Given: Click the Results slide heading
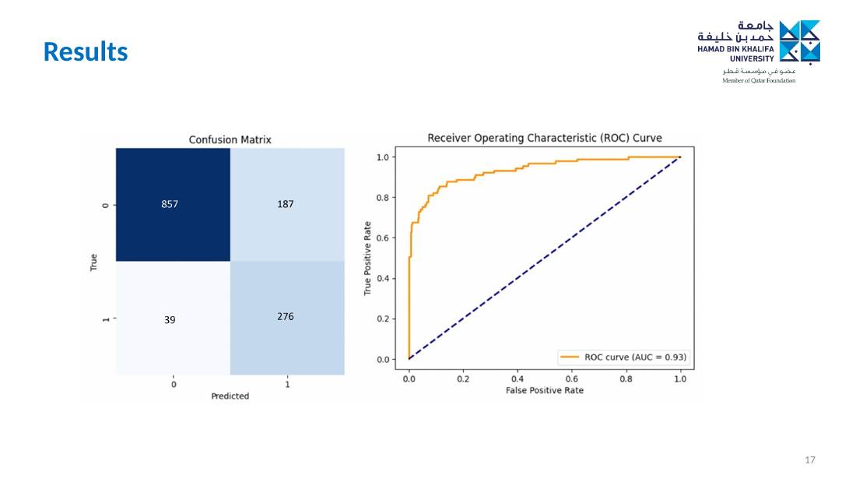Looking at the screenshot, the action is [x=86, y=52].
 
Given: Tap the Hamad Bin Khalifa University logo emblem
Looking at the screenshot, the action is [x=799, y=42].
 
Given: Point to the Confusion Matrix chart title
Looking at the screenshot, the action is [x=230, y=140].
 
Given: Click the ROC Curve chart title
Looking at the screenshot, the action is [x=544, y=139].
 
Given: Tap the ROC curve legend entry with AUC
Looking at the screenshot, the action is [x=623, y=357].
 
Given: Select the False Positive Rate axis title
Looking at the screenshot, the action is [x=544, y=390].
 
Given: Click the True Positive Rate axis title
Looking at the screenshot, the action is [x=367, y=259].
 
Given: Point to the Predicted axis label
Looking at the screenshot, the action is [x=230, y=396].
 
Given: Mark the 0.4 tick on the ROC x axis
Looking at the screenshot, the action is [x=517, y=378].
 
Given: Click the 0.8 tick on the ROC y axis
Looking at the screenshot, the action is [x=383, y=198].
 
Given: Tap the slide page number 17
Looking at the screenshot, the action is [x=810, y=460].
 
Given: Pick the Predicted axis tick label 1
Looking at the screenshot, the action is [x=287, y=384].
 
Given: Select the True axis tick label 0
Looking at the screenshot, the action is [x=105, y=206].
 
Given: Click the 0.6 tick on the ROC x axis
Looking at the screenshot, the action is [x=572, y=378].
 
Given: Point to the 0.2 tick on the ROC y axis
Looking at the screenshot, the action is [x=383, y=319].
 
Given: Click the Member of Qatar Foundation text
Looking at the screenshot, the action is [x=759, y=81].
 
